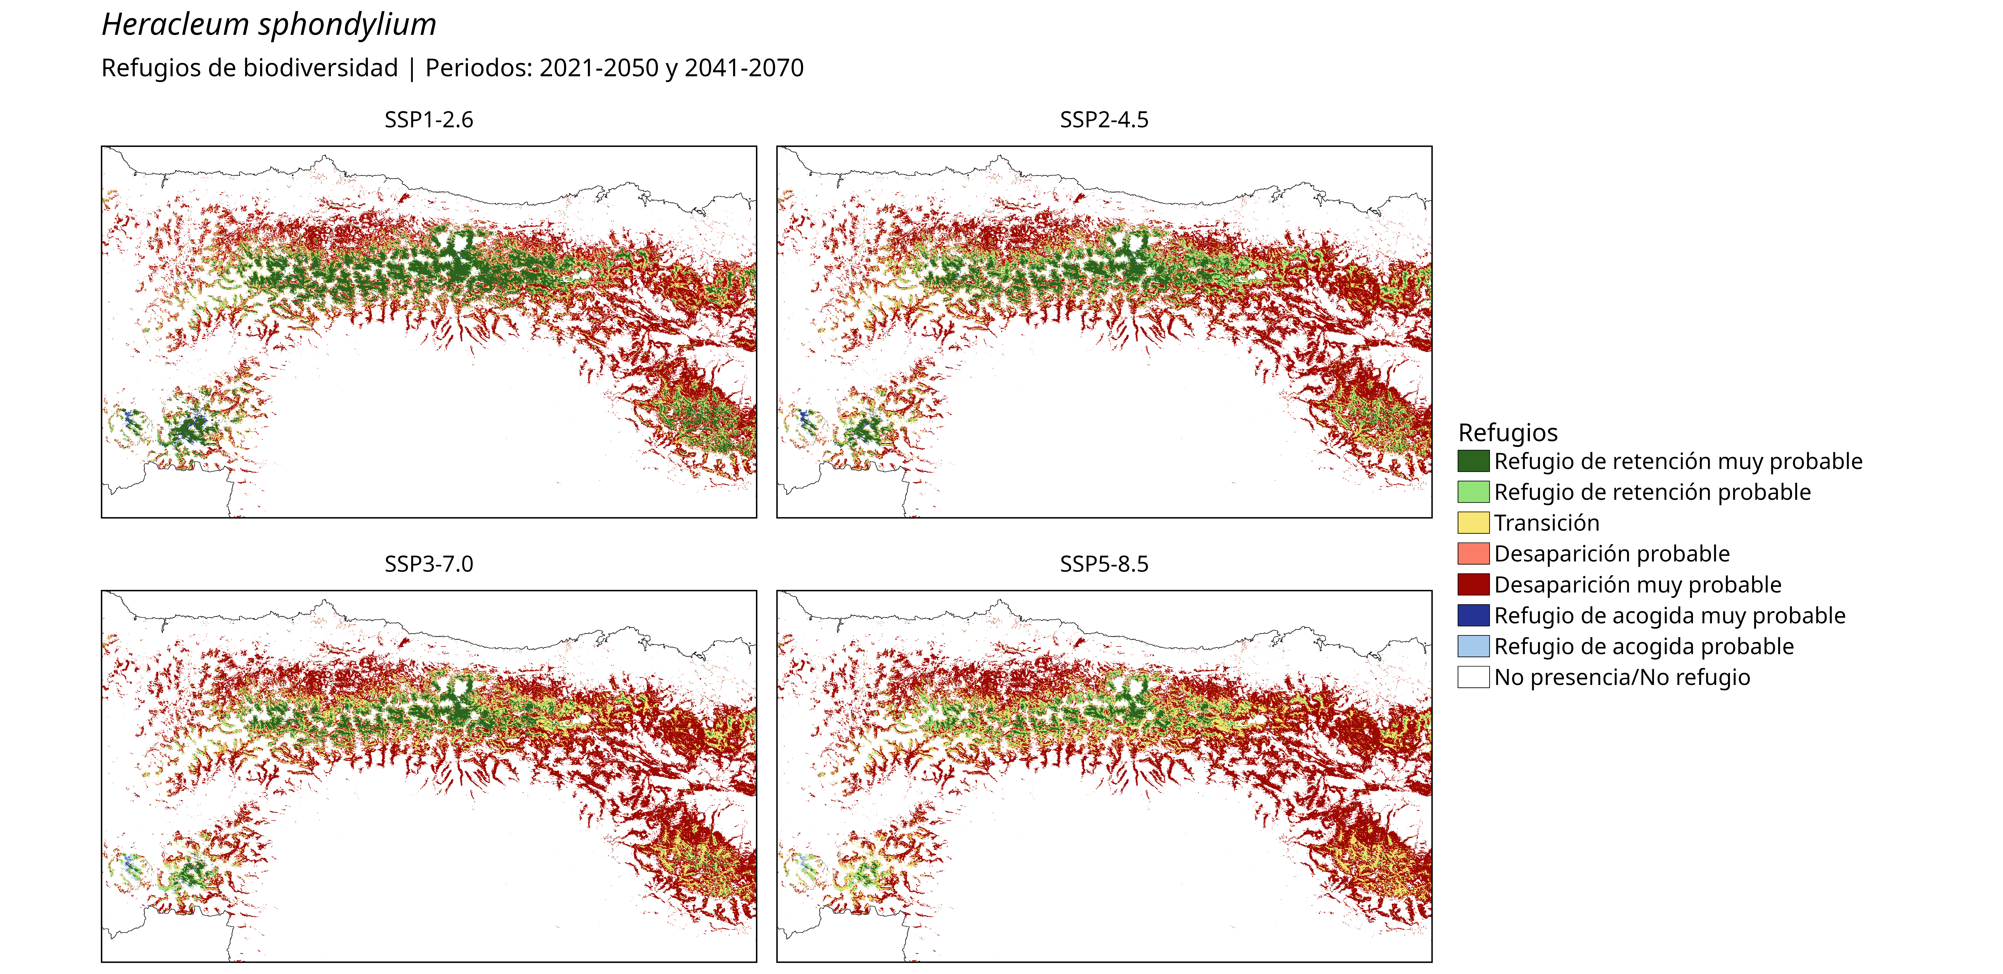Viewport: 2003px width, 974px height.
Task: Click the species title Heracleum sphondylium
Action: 269,25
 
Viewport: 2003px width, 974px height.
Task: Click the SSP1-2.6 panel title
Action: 428,120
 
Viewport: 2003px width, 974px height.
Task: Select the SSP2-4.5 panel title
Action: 1104,120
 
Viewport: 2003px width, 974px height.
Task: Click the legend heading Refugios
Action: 1508,432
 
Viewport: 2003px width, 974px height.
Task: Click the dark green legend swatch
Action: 1473,461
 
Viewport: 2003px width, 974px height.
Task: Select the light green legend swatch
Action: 1473,492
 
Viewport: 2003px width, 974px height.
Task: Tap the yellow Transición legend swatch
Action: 1473,522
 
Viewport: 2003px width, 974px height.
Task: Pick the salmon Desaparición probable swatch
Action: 1473,553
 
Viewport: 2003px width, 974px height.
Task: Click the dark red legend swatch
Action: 1473,584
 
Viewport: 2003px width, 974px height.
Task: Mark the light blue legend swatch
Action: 1473,646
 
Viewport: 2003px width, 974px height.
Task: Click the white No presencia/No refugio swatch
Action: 1473,677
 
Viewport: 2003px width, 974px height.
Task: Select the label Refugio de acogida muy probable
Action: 1670,616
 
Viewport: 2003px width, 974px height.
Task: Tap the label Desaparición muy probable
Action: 1637,584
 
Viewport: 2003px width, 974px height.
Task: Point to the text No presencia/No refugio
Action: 1622,677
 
